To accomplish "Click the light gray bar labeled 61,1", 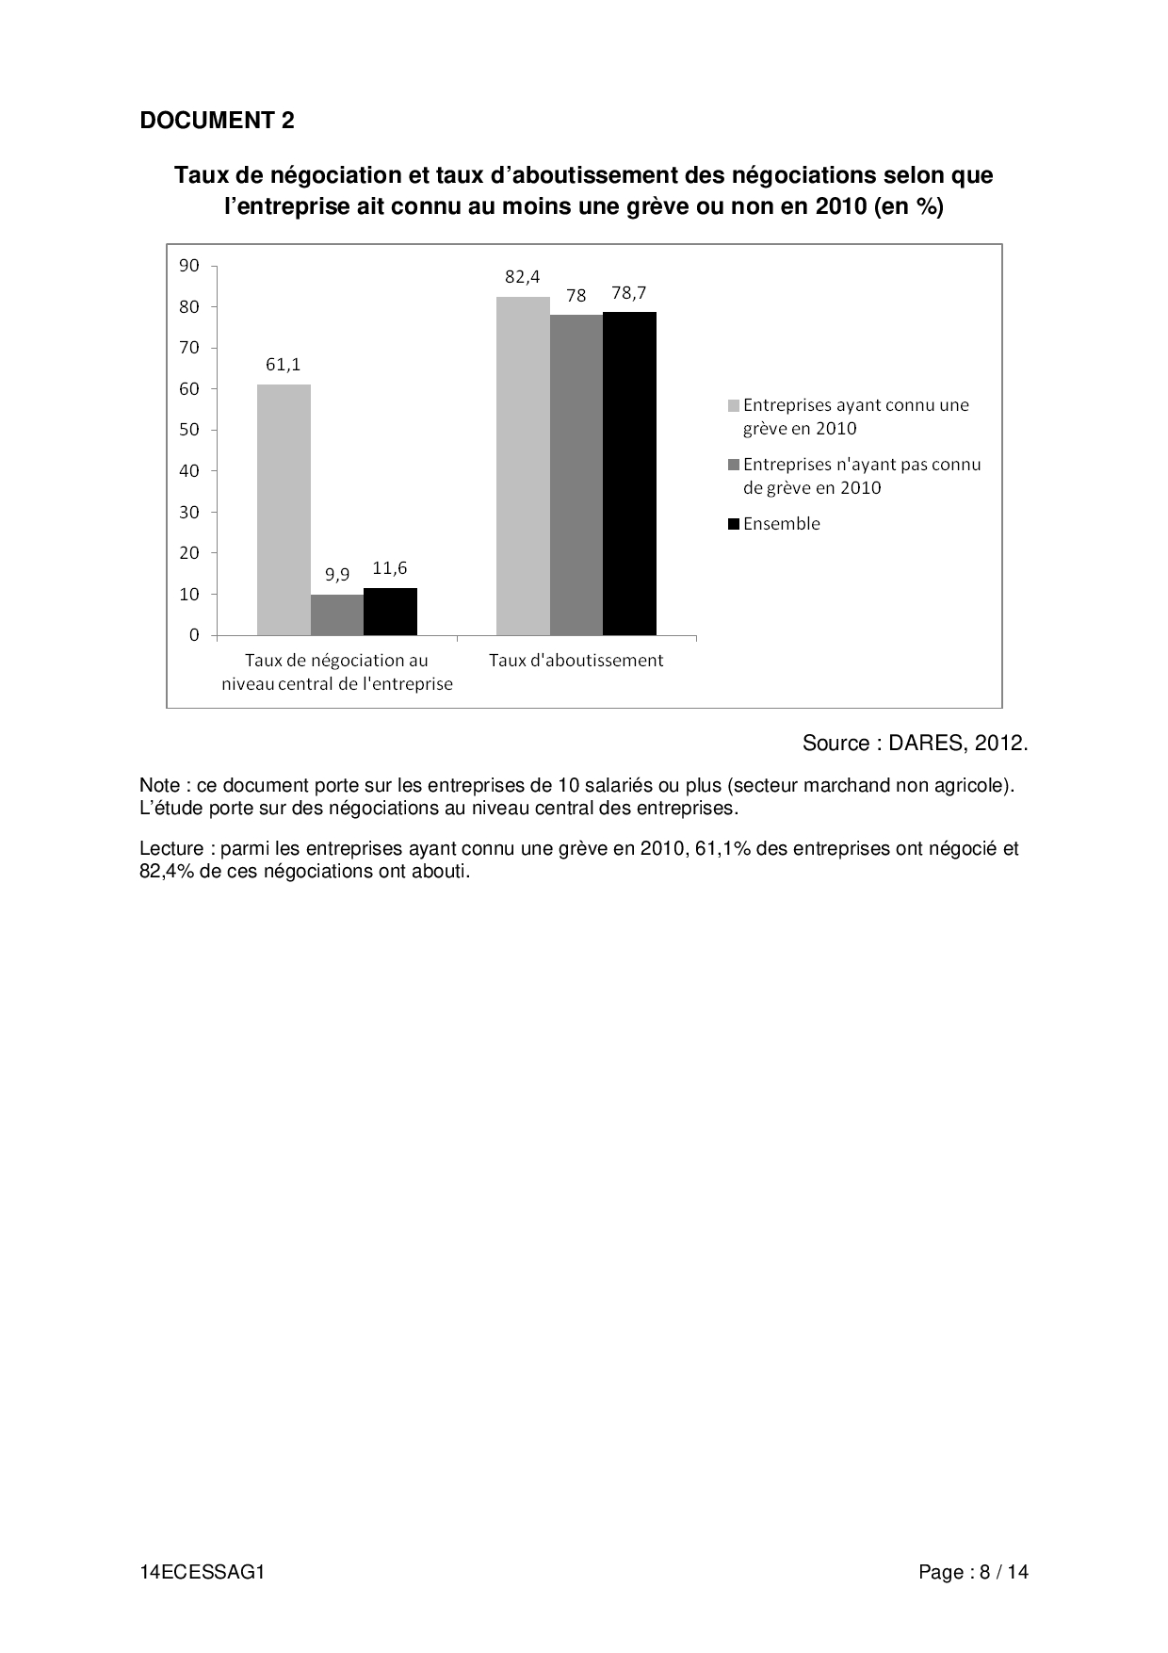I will [284, 509].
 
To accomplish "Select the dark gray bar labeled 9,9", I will [337, 614].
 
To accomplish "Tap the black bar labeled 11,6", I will [390, 611].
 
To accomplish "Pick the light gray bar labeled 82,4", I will [523, 466].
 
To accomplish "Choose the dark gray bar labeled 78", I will [576, 474].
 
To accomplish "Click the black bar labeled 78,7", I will [629, 473].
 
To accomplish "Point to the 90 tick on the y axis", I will [189, 266].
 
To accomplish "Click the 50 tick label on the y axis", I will [189, 430].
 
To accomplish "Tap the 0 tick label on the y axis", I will [194, 635].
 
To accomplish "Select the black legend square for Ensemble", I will [734, 524].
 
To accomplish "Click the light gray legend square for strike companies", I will [734, 405].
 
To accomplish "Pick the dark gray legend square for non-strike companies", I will [734, 465].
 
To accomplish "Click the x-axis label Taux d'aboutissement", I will [576, 661].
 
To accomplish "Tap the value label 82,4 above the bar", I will [523, 277].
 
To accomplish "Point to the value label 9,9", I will [337, 574].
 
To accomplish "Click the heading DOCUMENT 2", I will [217, 121].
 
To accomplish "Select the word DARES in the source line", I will [927, 744].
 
